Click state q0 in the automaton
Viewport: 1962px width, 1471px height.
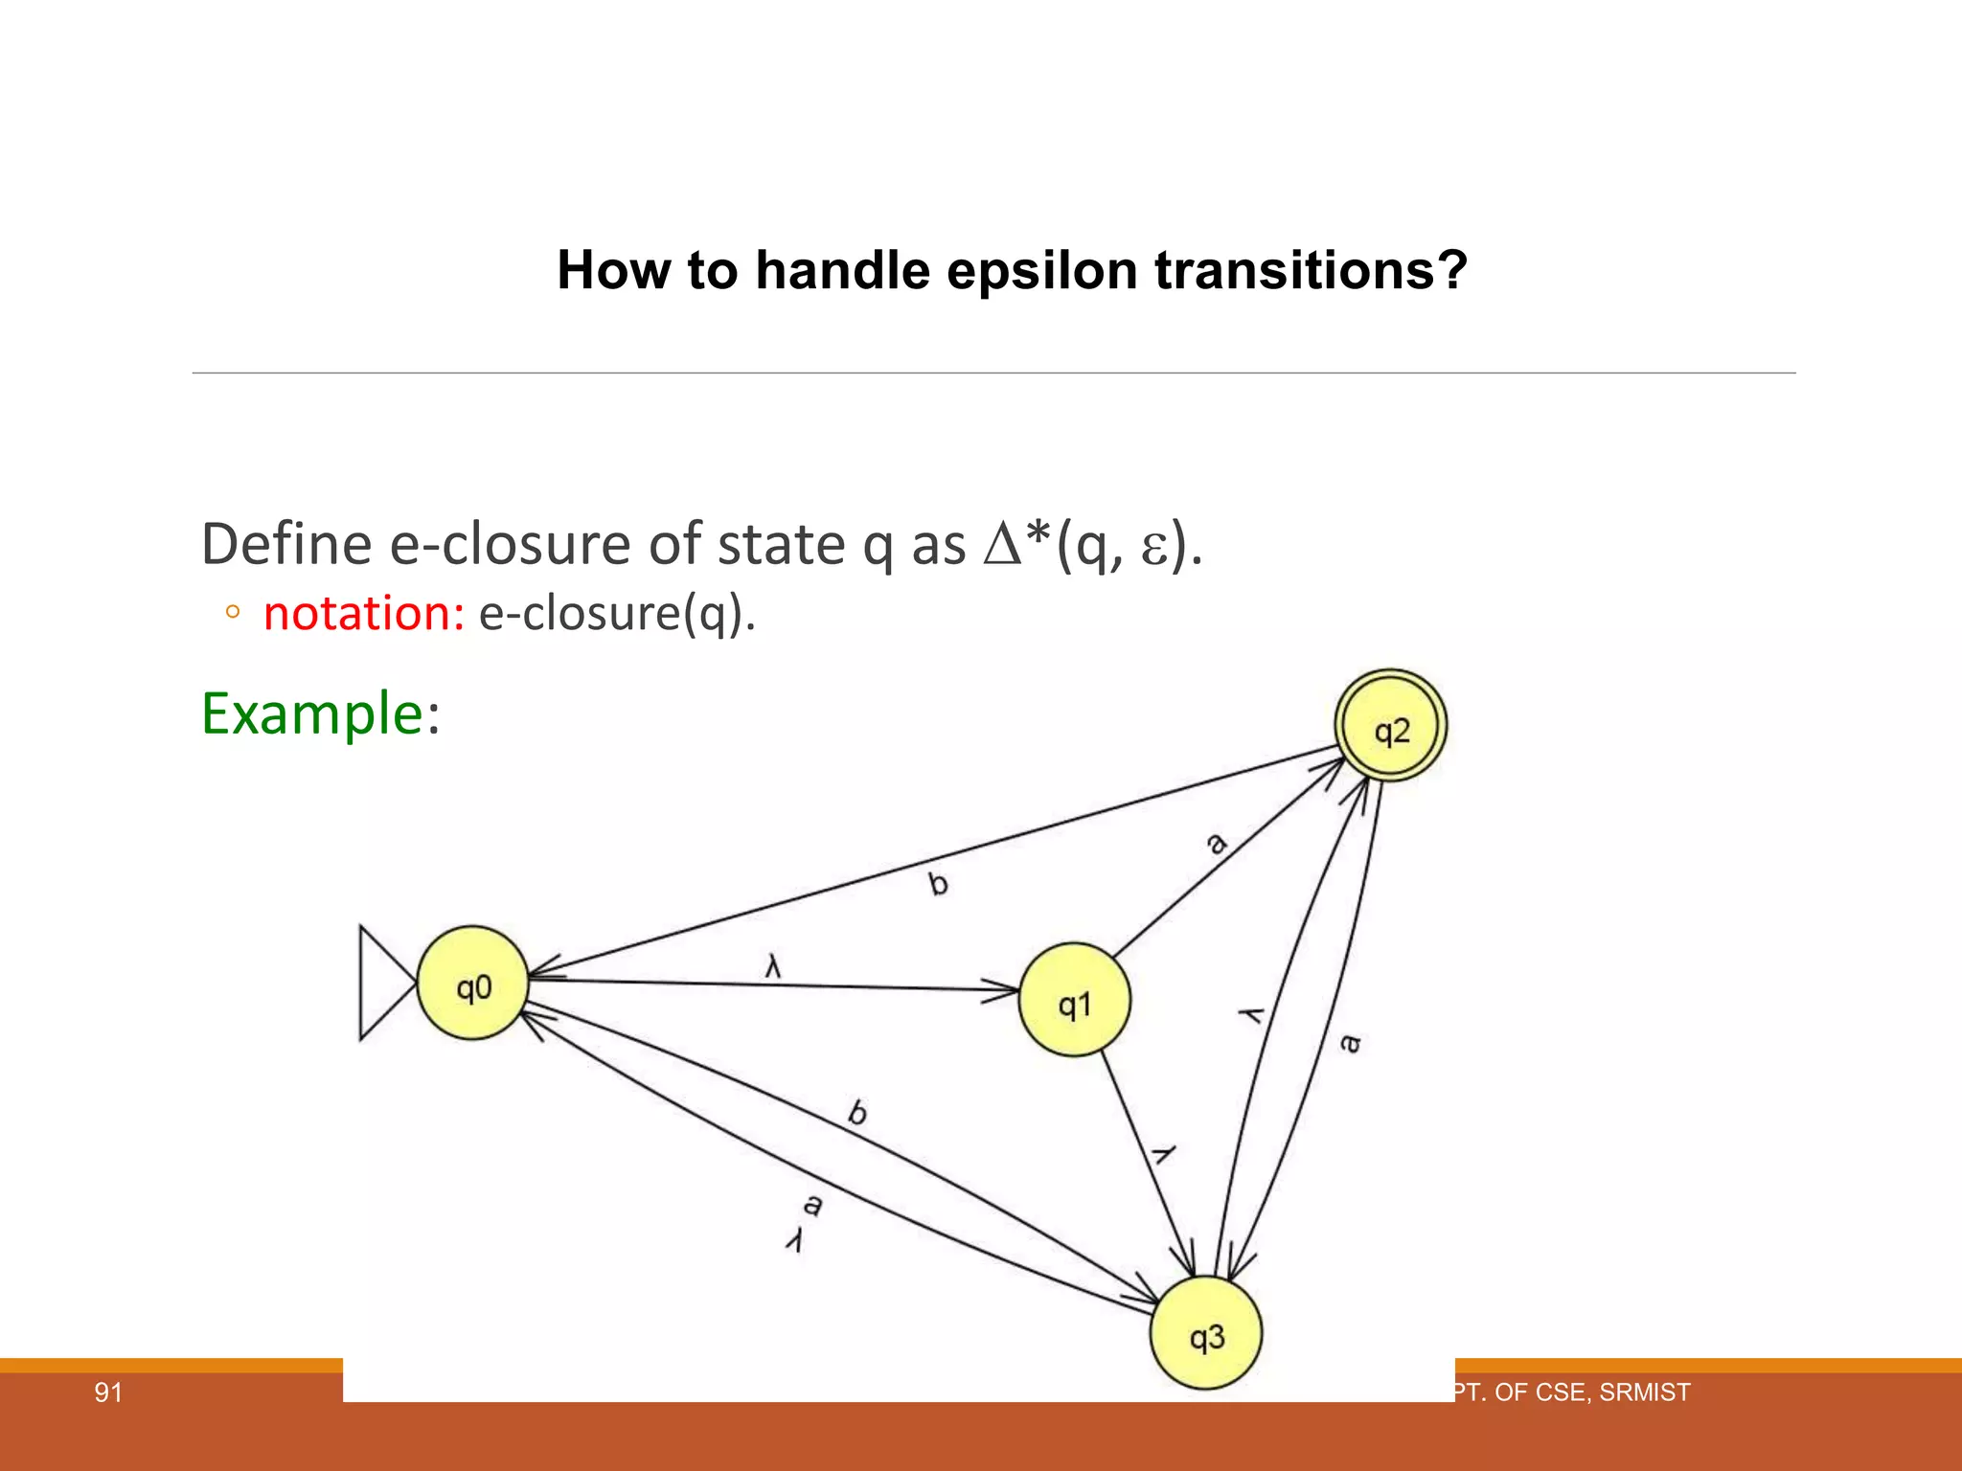(473, 984)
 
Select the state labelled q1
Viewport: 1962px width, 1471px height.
(1074, 1001)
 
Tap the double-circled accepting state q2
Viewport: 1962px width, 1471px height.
(1391, 726)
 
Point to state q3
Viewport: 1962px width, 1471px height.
(1206, 1334)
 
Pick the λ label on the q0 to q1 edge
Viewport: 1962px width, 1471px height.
(773, 966)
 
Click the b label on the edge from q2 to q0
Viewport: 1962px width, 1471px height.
(938, 883)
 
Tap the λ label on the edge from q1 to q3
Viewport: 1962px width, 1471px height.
(1162, 1154)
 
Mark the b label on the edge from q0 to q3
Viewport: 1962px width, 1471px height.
(857, 1113)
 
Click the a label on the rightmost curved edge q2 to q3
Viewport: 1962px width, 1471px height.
(1349, 1042)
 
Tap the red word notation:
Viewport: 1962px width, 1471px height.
(364, 613)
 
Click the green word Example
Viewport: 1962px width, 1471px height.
(312, 713)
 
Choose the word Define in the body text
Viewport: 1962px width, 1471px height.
(286, 544)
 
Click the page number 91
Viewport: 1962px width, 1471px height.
(108, 1392)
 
